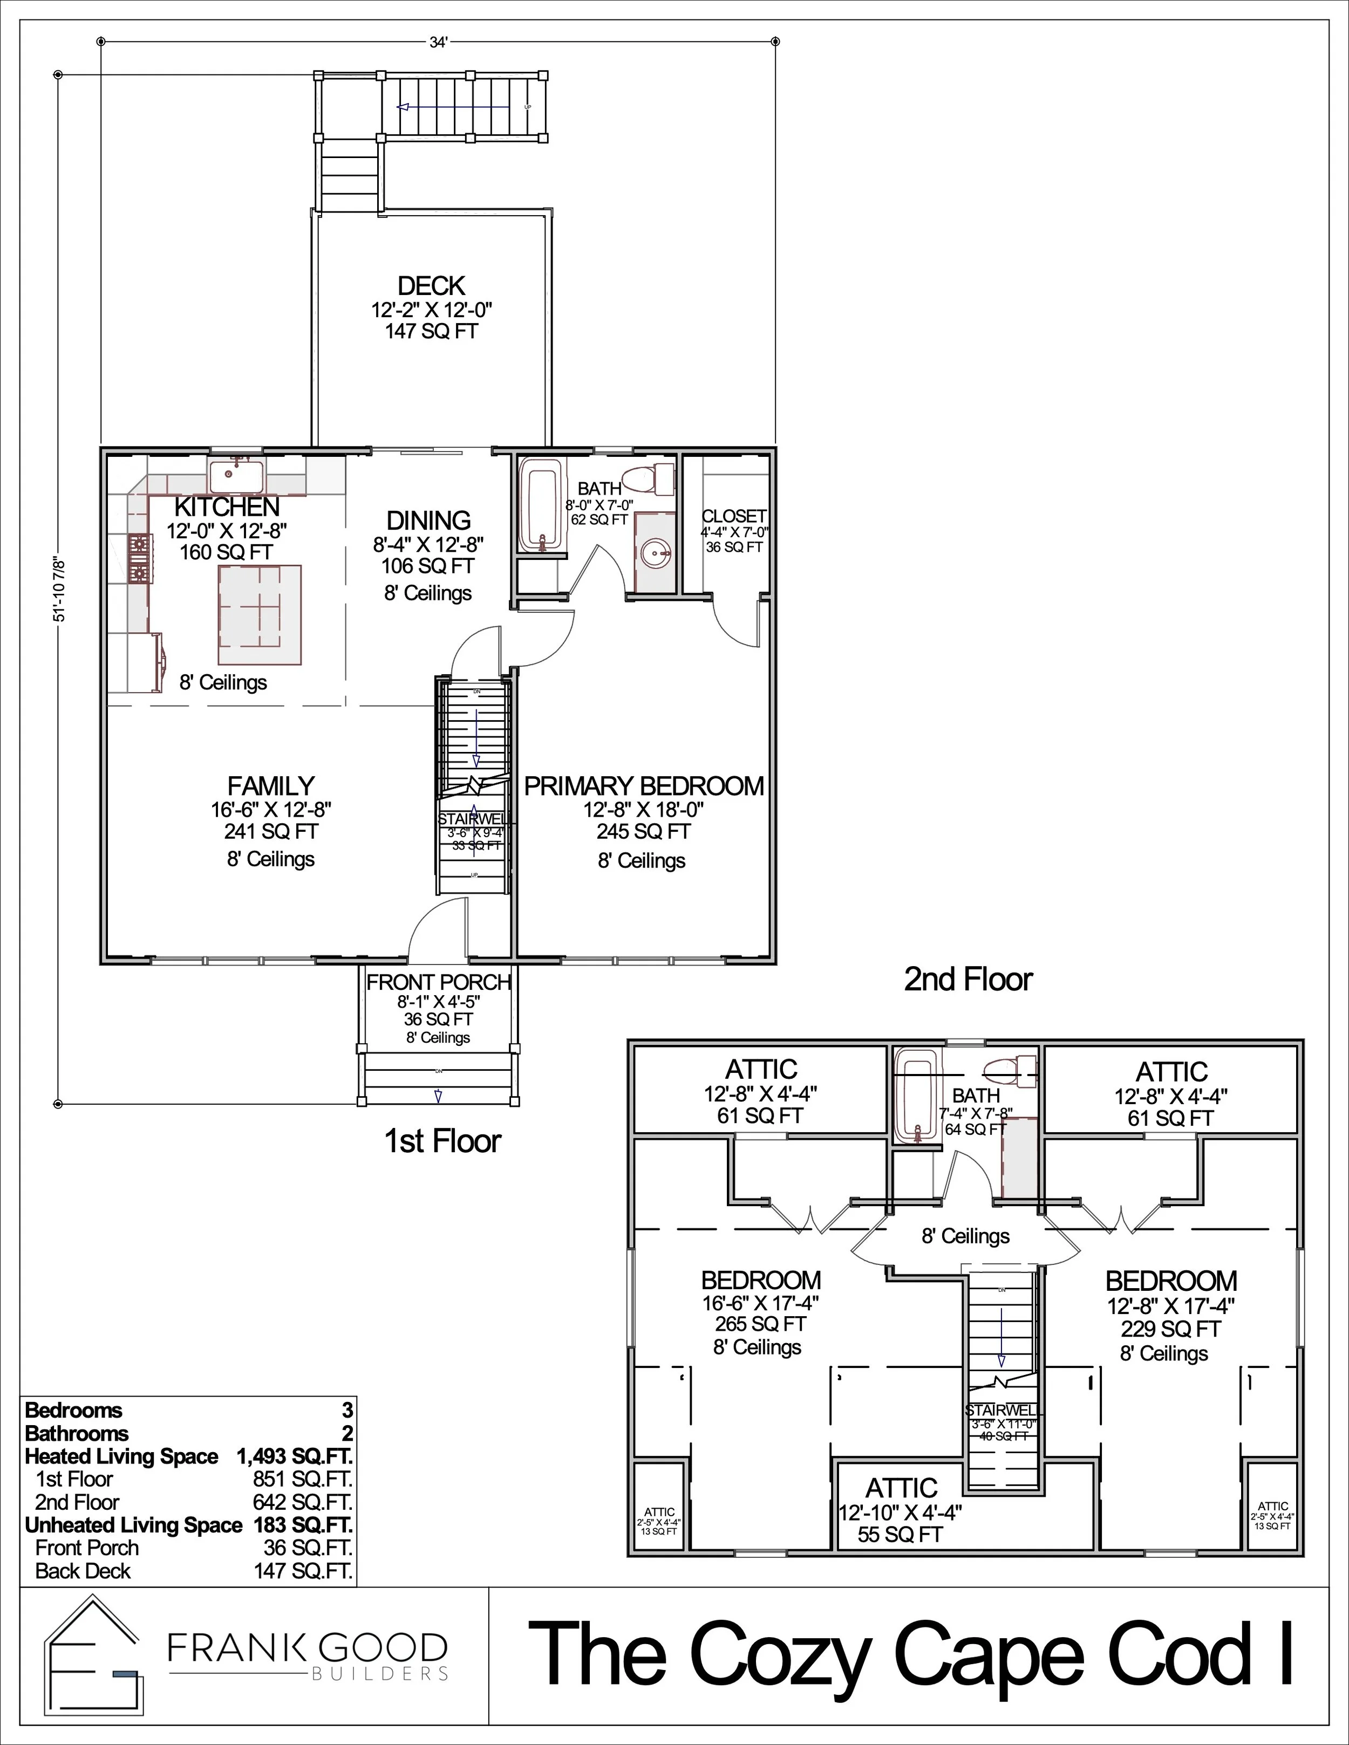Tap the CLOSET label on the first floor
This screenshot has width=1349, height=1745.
(x=734, y=516)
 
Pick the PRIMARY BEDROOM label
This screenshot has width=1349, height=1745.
(x=643, y=786)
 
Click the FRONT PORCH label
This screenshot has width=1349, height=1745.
(x=438, y=982)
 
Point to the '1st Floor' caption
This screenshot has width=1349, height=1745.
(x=442, y=1141)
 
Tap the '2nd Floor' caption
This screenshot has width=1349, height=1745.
(x=968, y=979)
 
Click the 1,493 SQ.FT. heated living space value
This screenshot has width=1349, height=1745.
(x=294, y=1456)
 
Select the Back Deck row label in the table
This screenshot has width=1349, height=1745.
(x=83, y=1571)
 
